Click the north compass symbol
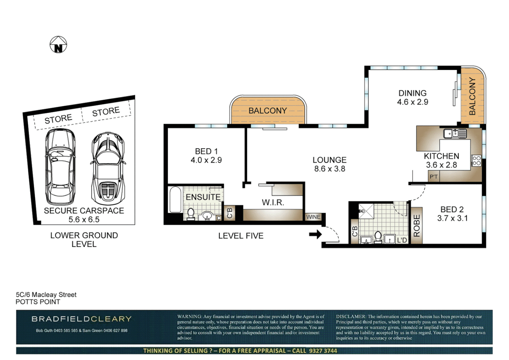pos(58,45)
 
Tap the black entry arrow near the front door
pos(315,234)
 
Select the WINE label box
pos(313,217)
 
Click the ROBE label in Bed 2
pos(417,226)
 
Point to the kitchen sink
pos(455,134)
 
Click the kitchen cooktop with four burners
pos(476,161)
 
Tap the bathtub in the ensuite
pos(175,199)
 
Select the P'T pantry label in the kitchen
pos(434,177)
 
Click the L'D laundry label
pos(402,240)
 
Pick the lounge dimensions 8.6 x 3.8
pos(329,169)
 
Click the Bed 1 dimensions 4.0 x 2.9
pos(206,160)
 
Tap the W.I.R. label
pos(273,203)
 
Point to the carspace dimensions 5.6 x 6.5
pos(84,220)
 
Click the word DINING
pos(412,93)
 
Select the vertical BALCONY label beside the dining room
pos(472,97)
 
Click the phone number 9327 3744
pos(323,351)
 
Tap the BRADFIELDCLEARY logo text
pos(82,319)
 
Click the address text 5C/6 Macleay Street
pos(46,295)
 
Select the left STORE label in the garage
pos(58,119)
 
